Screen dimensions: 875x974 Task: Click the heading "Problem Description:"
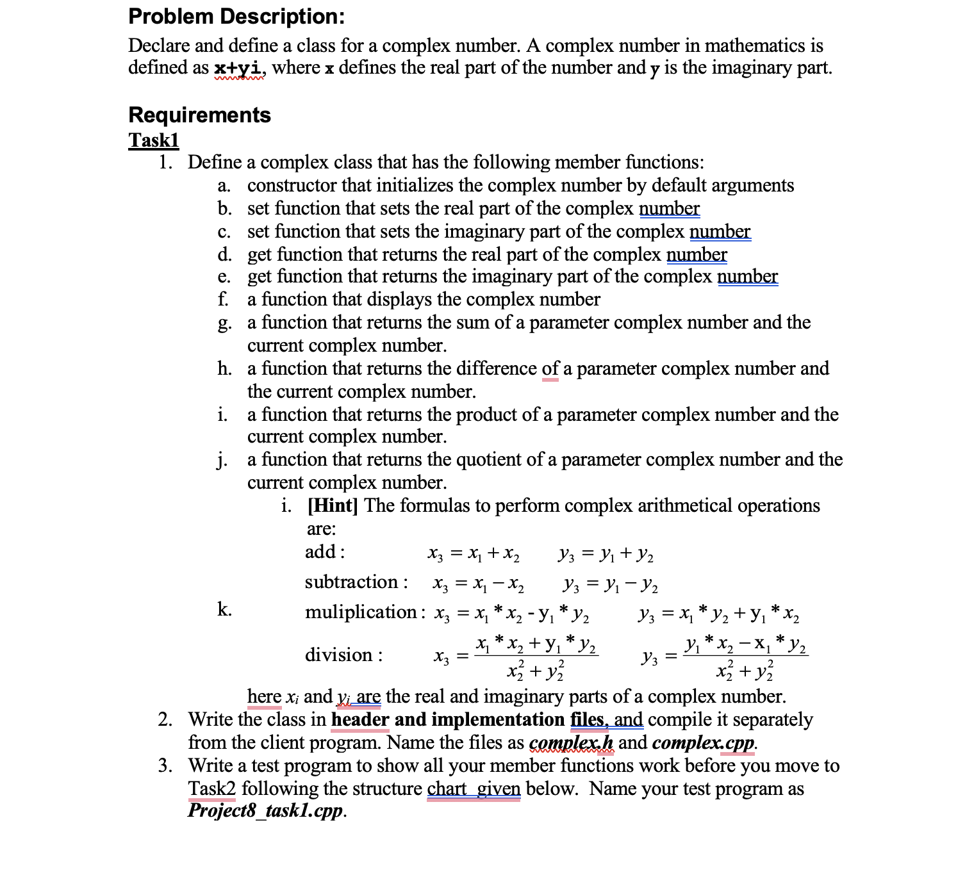click(236, 17)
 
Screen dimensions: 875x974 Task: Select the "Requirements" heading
click(199, 115)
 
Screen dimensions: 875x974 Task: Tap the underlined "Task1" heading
click(154, 140)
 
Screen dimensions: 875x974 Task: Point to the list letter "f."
click(223, 300)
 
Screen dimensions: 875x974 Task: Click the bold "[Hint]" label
click(333, 506)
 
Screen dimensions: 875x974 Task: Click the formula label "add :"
click(325, 552)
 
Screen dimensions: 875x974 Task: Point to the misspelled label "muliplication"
click(361, 612)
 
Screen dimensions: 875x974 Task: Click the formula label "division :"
click(343, 655)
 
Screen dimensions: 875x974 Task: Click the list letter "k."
click(224, 609)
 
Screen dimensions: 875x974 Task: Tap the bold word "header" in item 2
click(359, 720)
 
